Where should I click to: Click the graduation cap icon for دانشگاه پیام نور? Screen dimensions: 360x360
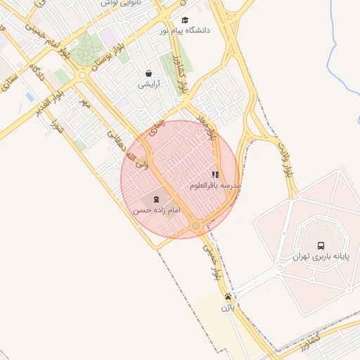point(185,20)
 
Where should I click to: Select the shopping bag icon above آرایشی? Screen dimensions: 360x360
point(148,73)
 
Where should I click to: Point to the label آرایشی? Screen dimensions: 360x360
point(148,84)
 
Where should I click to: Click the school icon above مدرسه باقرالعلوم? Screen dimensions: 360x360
point(215,174)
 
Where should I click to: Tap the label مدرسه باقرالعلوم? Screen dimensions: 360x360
point(215,186)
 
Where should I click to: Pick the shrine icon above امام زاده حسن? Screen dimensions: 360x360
point(156,200)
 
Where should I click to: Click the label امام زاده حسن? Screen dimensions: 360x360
point(156,210)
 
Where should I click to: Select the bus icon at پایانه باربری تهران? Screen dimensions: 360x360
point(321,245)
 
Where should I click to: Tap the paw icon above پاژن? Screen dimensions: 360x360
point(227,297)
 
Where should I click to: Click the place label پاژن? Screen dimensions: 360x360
point(227,307)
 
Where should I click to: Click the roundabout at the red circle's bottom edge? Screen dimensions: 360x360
point(196,226)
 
